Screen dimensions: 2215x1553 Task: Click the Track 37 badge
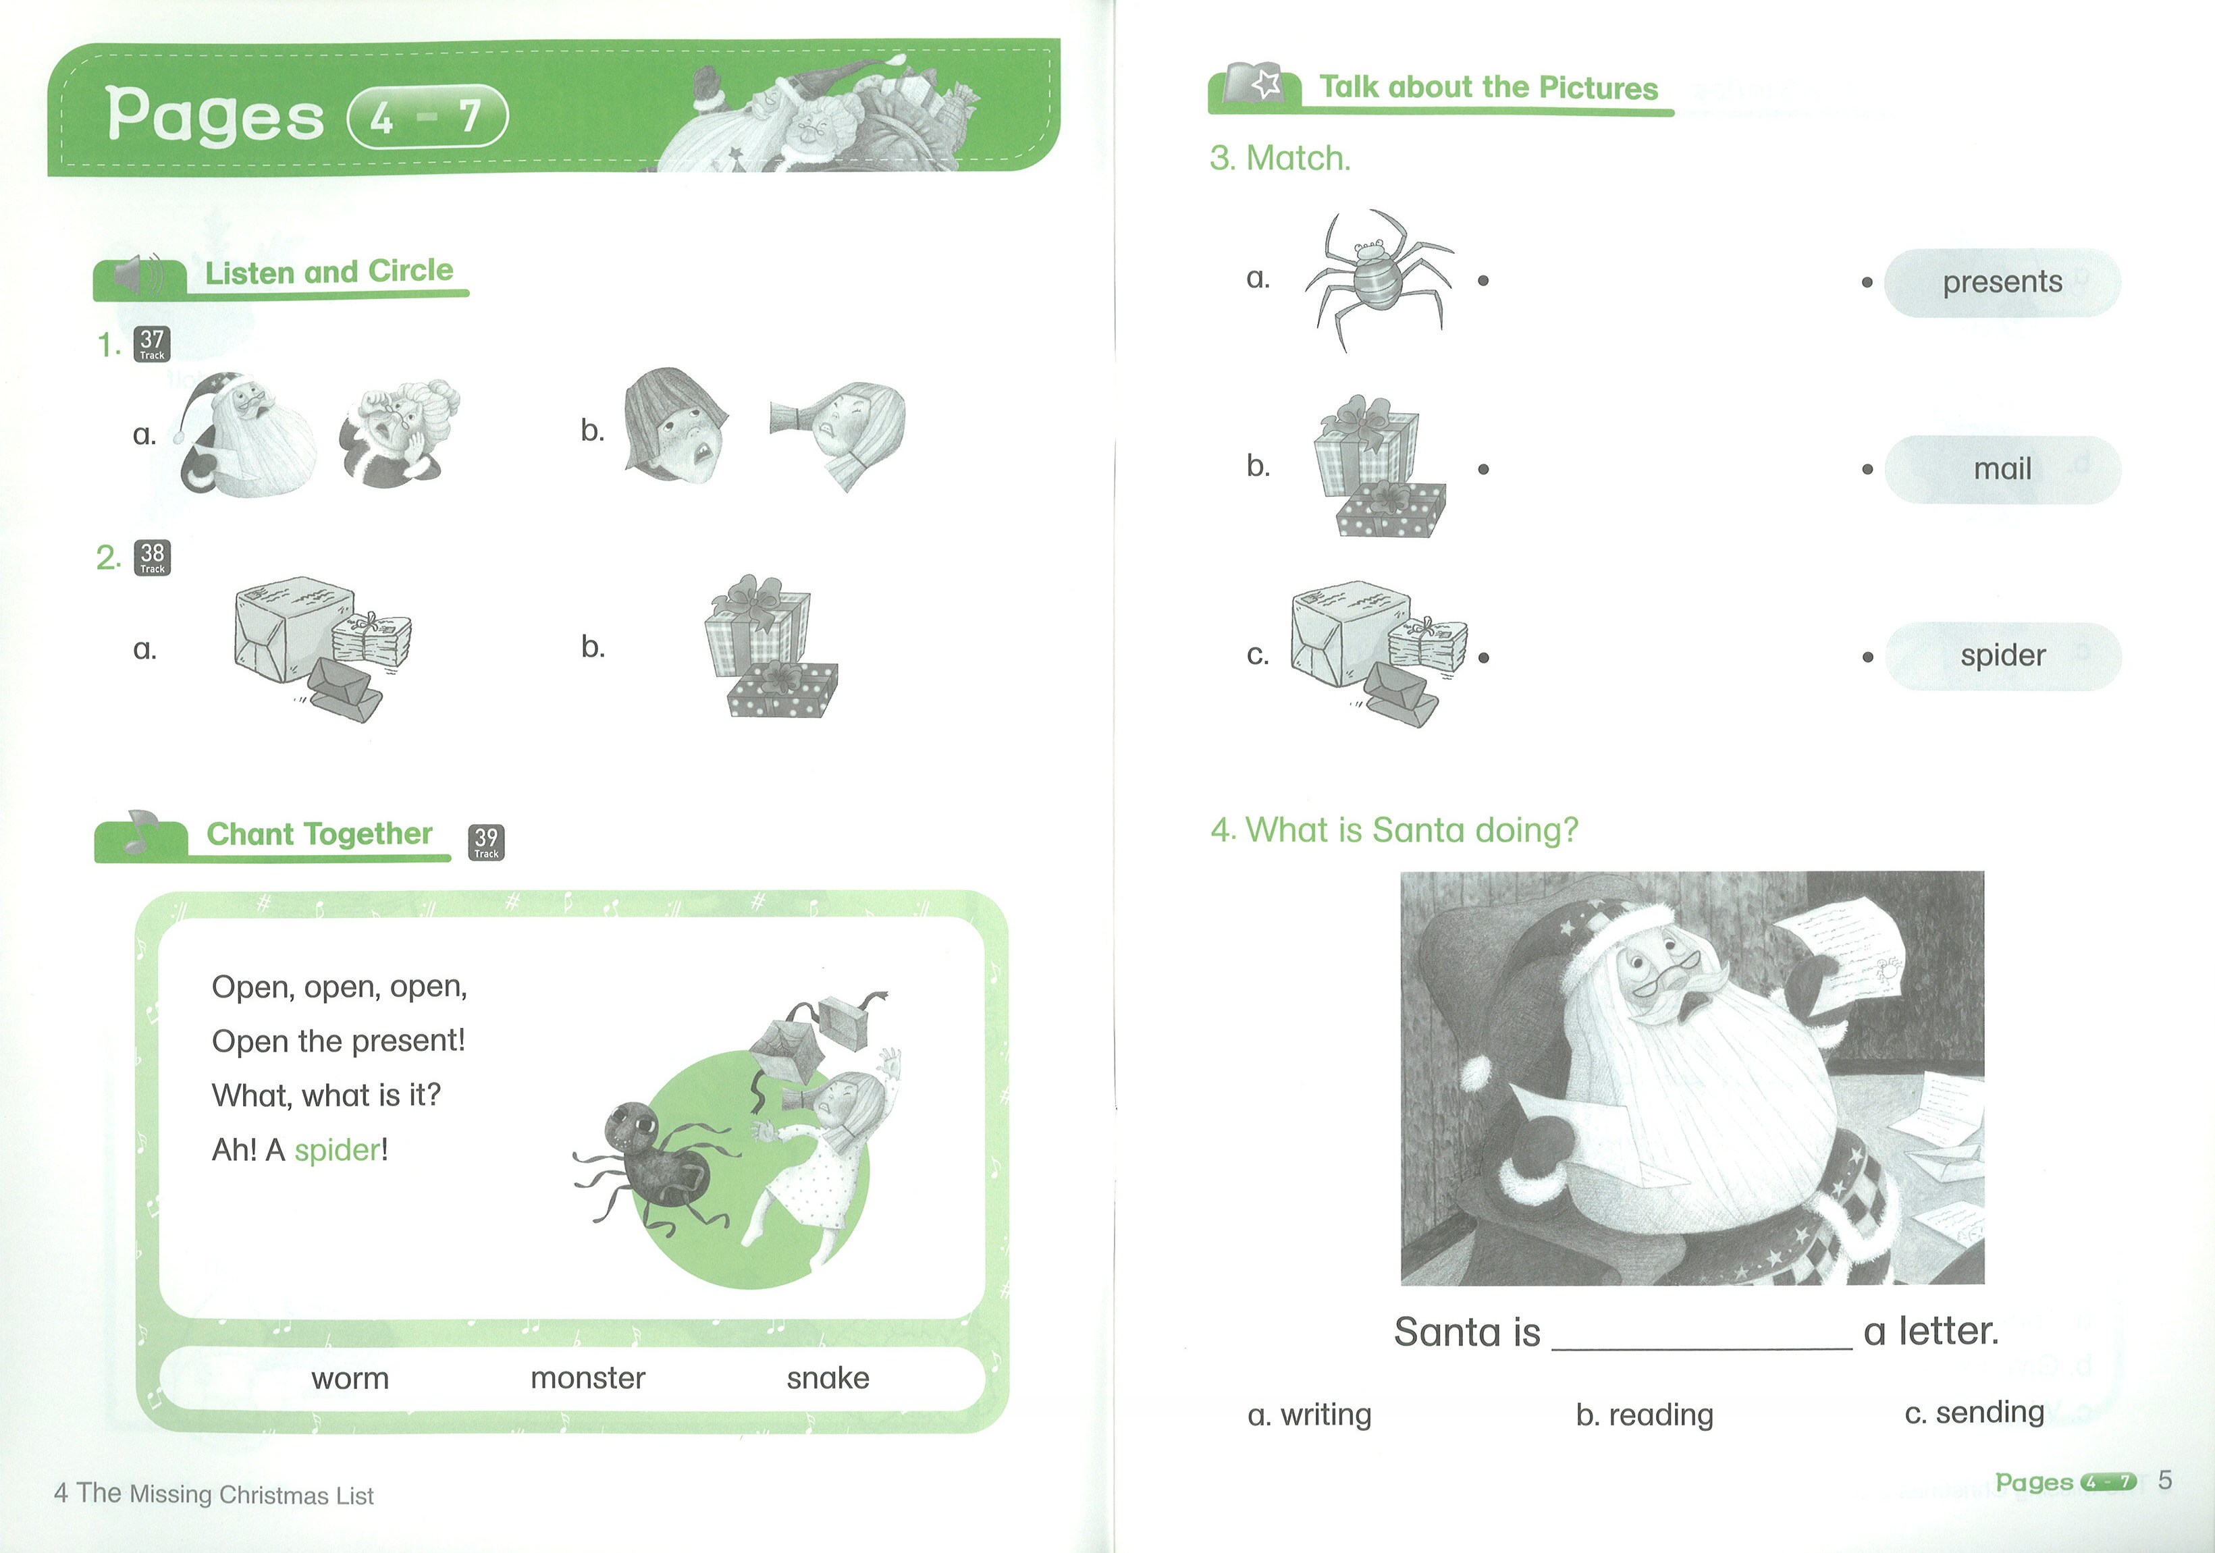(x=151, y=344)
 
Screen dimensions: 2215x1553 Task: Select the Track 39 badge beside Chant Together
(x=486, y=842)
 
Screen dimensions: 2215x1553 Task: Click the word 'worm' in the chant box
(x=350, y=1378)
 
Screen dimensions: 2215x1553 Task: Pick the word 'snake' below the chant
(x=828, y=1378)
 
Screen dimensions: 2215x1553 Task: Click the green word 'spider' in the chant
(x=338, y=1151)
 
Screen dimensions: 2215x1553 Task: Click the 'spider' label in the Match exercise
(x=2003, y=656)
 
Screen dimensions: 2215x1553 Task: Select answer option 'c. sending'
(x=1974, y=1412)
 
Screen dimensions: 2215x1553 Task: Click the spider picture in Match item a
(x=1378, y=279)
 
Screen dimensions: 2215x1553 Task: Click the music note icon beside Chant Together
(x=140, y=831)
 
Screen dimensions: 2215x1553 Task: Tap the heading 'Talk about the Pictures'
(x=1489, y=88)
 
